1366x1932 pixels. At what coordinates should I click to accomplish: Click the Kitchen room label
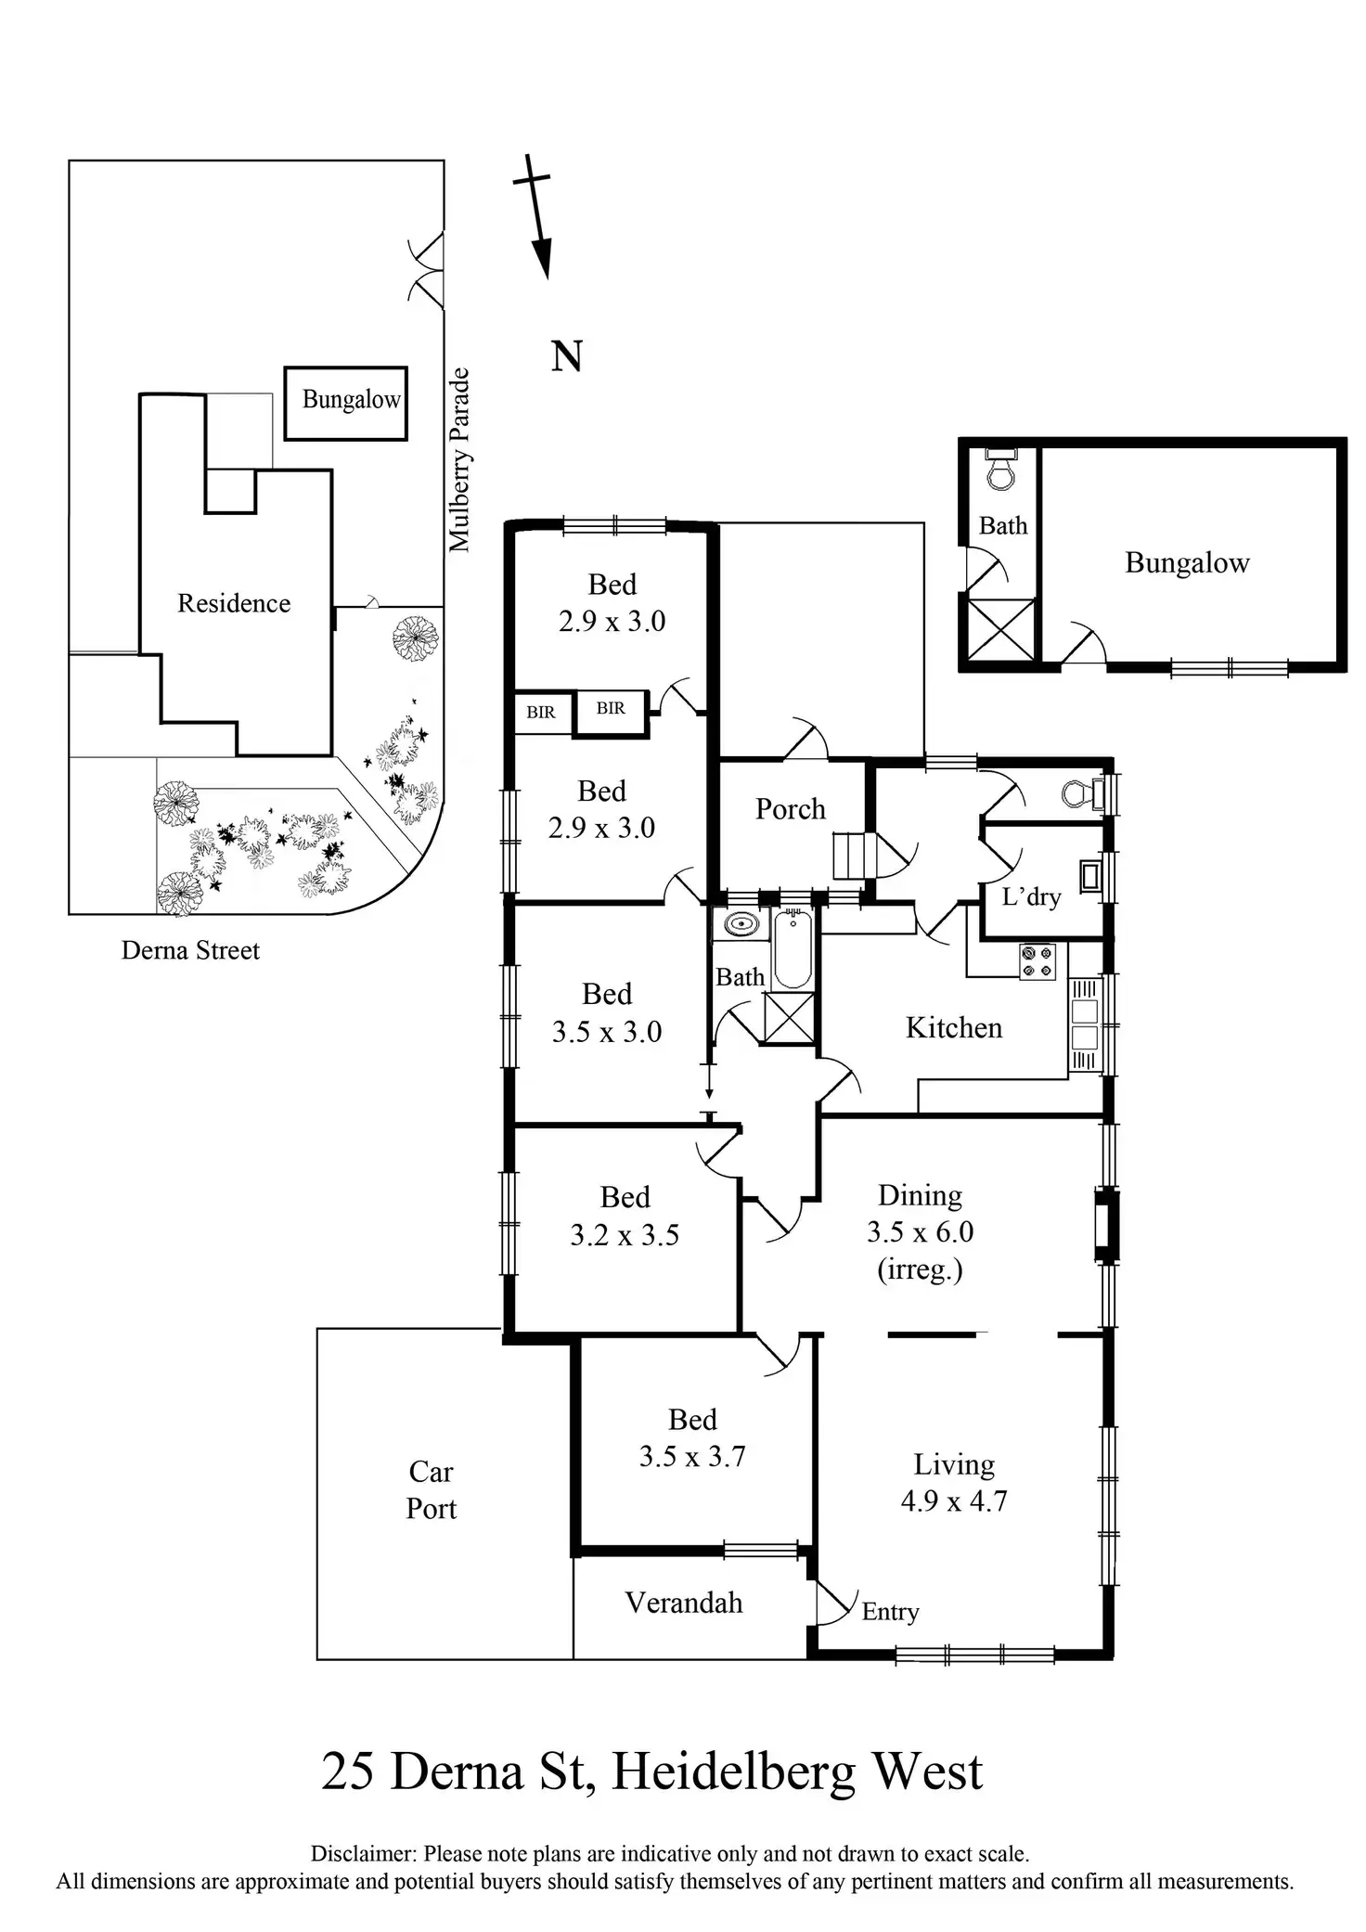953,1027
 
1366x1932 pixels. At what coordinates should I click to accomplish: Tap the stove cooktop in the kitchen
1037,961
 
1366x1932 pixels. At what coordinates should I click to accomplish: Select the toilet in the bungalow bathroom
1000,470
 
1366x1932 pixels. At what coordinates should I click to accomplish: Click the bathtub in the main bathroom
793,949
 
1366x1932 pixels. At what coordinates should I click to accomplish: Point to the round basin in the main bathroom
740,925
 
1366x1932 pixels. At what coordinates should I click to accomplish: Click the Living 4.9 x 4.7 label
954,1482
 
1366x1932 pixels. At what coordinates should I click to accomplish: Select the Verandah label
684,1603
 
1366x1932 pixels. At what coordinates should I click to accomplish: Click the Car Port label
432,1489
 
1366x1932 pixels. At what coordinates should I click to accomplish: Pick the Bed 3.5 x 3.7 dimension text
692,1456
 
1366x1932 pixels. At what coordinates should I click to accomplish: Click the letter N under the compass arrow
566,356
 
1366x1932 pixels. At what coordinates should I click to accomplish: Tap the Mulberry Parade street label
459,460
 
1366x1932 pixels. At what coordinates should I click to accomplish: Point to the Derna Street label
190,950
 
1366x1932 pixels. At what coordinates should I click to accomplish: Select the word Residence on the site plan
234,603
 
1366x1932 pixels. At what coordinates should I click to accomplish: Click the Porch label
790,809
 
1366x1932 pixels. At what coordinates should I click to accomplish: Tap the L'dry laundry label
1031,896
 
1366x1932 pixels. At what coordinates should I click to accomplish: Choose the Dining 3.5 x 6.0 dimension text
920,1231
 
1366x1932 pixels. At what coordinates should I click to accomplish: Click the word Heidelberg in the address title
733,1771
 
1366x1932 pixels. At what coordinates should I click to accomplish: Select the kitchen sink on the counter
1084,1024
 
